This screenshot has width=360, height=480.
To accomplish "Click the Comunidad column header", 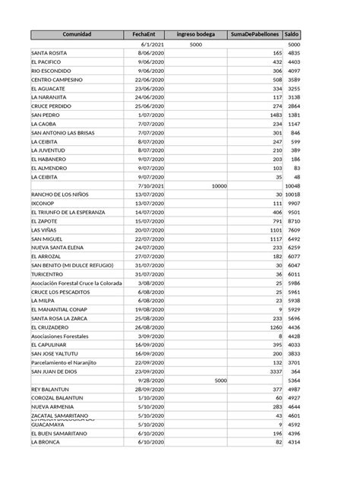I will pyautogui.click(x=77, y=35).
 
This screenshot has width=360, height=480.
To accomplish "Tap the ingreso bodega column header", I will pyautogui.click(x=195, y=35).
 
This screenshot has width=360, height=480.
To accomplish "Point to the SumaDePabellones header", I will pyautogui.click(x=254, y=35).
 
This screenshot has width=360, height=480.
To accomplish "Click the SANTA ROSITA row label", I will pyautogui.click(x=52, y=53).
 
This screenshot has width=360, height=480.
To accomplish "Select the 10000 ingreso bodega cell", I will pyautogui.click(x=219, y=185).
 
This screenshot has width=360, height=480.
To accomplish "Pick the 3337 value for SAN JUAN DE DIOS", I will pyautogui.click(x=274, y=371).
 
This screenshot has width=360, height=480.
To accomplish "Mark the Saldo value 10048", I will pyautogui.click(x=293, y=185).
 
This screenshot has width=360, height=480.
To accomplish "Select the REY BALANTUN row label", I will pyautogui.click(x=51, y=389).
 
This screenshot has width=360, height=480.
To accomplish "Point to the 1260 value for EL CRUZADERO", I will pyautogui.click(x=273, y=327).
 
